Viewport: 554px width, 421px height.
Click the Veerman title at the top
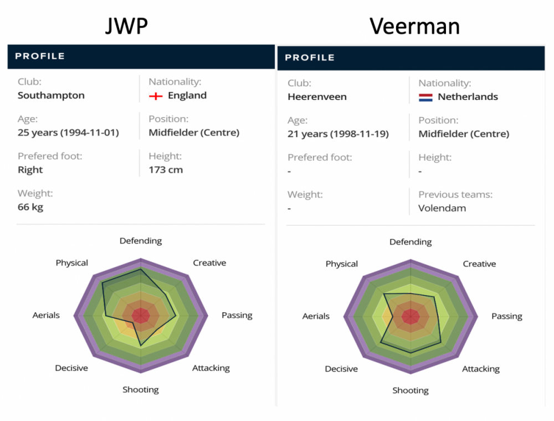coord(414,26)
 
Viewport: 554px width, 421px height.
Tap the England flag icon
coord(156,96)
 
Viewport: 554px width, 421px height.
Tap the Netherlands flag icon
coord(425,98)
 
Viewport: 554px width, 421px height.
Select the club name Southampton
coord(51,95)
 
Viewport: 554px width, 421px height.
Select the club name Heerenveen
coord(317,97)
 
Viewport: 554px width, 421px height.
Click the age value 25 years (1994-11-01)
coord(68,133)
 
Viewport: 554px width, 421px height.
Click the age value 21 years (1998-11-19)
coord(338,134)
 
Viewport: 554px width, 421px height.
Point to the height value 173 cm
coord(166,170)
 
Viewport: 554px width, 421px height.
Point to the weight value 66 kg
coord(30,207)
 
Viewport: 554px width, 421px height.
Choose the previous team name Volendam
coord(442,209)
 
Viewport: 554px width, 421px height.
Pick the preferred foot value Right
coord(30,170)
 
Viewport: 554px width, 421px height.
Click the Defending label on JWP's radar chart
coord(141,241)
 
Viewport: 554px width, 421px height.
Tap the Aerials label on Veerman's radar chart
coord(316,316)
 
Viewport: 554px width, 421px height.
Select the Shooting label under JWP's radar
coord(141,390)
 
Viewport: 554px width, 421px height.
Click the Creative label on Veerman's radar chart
coord(479,264)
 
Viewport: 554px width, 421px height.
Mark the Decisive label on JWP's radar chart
coord(71,368)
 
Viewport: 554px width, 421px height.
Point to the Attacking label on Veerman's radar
coord(481,369)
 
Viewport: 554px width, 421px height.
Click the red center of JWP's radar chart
coord(141,315)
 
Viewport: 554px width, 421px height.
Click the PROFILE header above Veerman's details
coord(310,58)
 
